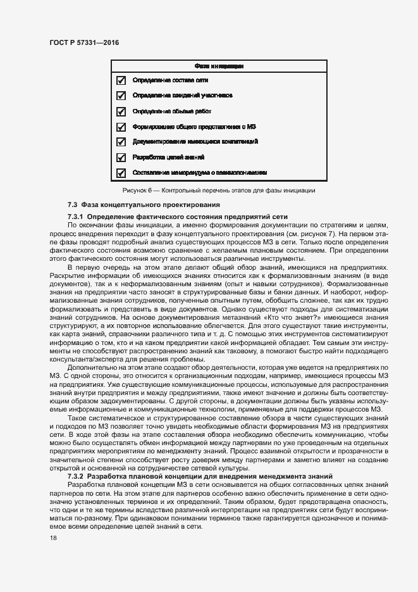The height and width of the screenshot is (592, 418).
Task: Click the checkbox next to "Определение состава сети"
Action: [x=122, y=80]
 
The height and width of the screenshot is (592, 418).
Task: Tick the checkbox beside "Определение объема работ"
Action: [x=122, y=111]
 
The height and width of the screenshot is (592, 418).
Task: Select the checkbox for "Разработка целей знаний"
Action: [x=122, y=157]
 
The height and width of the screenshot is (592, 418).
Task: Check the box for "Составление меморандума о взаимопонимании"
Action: [x=122, y=172]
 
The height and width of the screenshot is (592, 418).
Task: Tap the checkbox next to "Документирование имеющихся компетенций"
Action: [x=122, y=142]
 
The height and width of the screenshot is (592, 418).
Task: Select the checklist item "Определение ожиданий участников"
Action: [x=182, y=96]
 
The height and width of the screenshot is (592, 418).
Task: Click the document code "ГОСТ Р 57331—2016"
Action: [x=83, y=42]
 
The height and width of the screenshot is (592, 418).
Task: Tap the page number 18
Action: [x=52, y=538]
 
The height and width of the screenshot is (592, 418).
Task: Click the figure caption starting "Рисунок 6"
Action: [x=218, y=190]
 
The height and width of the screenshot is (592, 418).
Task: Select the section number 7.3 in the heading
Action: [x=72, y=205]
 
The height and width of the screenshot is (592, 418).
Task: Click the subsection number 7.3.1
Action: [x=76, y=217]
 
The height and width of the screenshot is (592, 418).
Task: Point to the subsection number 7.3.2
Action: [x=76, y=475]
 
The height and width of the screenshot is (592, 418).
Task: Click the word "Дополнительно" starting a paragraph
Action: [x=92, y=368]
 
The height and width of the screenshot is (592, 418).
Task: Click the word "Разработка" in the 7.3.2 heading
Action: [x=107, y=475]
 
